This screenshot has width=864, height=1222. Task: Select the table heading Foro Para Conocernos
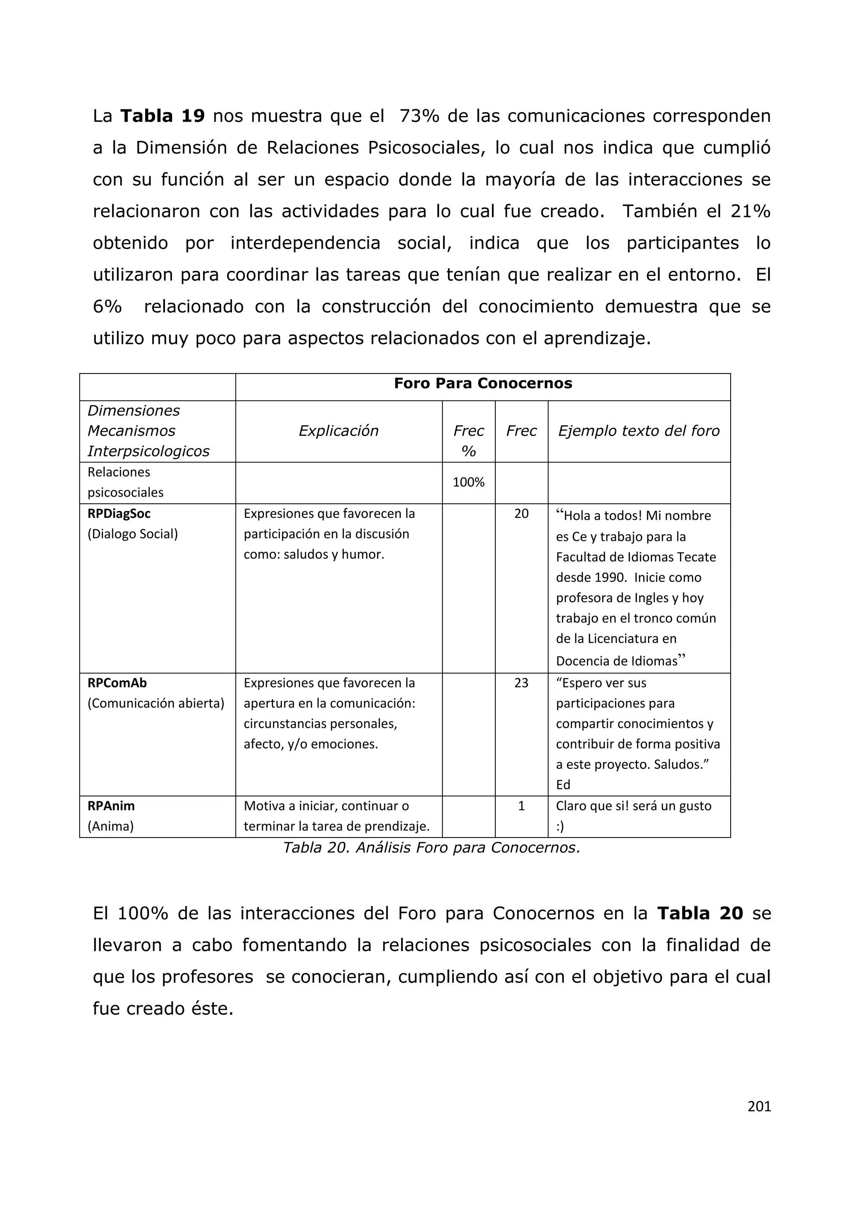click(483, 384)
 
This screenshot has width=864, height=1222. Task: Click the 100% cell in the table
click(468, 482)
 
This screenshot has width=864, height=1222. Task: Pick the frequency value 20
click(521, 514)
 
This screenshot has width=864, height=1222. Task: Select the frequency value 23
click(521, 683)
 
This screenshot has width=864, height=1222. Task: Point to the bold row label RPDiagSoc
click(119, 514)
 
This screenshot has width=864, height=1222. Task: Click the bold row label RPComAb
click(117, 683)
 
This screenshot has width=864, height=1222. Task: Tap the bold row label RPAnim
click(111, 806)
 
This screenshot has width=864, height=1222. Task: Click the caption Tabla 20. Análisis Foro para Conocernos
click(431, 847)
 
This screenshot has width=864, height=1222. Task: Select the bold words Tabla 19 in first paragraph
click(162, 116)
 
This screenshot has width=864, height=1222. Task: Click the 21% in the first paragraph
click(750, 211)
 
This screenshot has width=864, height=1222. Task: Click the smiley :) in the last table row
click(560, 827)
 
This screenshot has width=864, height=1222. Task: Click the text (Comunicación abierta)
click(156, 703)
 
